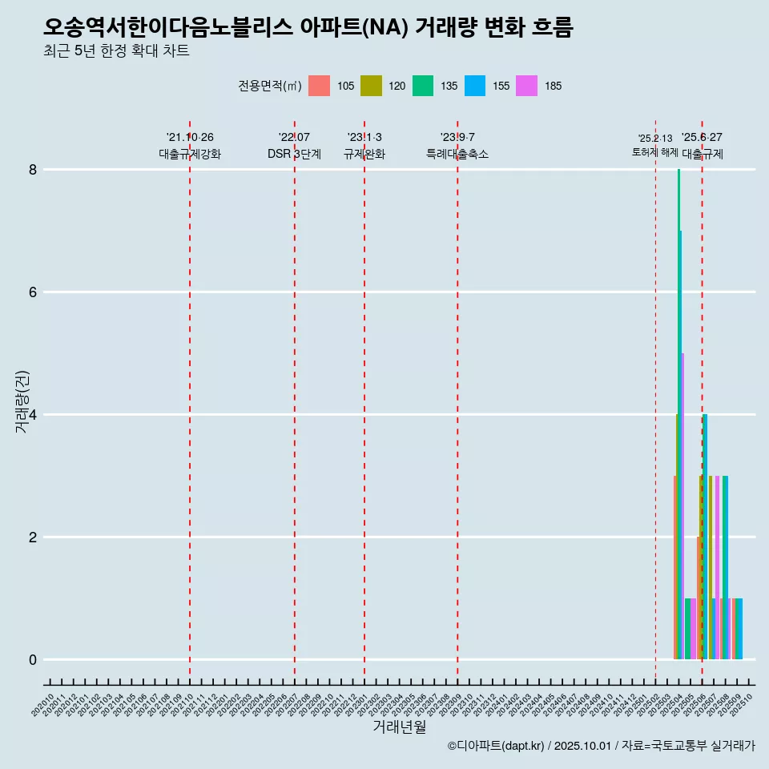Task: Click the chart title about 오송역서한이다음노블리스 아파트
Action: [308, 28]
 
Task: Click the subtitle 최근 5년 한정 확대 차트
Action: [117, 51]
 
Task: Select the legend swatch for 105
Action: [320, 86]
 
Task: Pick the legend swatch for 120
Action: [372, 86]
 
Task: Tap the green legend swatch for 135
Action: [424, 86]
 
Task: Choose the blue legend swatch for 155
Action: [476, 86]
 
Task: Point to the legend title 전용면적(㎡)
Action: [269, 86]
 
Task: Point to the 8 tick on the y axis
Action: [33, 169]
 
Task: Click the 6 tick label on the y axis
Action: [33, 292]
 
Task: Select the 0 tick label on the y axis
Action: [33, 660]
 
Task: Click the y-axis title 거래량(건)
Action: [22, 401]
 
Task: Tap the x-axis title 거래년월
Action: [400, 727]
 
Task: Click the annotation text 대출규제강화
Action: [190, 154]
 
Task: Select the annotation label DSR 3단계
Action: [295, 154]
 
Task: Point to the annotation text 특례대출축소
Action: [457, 154]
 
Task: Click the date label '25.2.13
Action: [655, 138]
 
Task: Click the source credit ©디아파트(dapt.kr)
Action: [496, 746]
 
